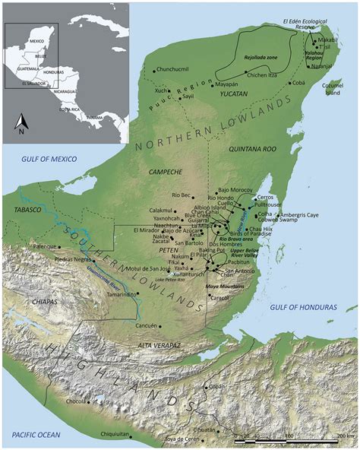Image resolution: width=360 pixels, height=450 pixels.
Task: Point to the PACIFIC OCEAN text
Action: (35, 431)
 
